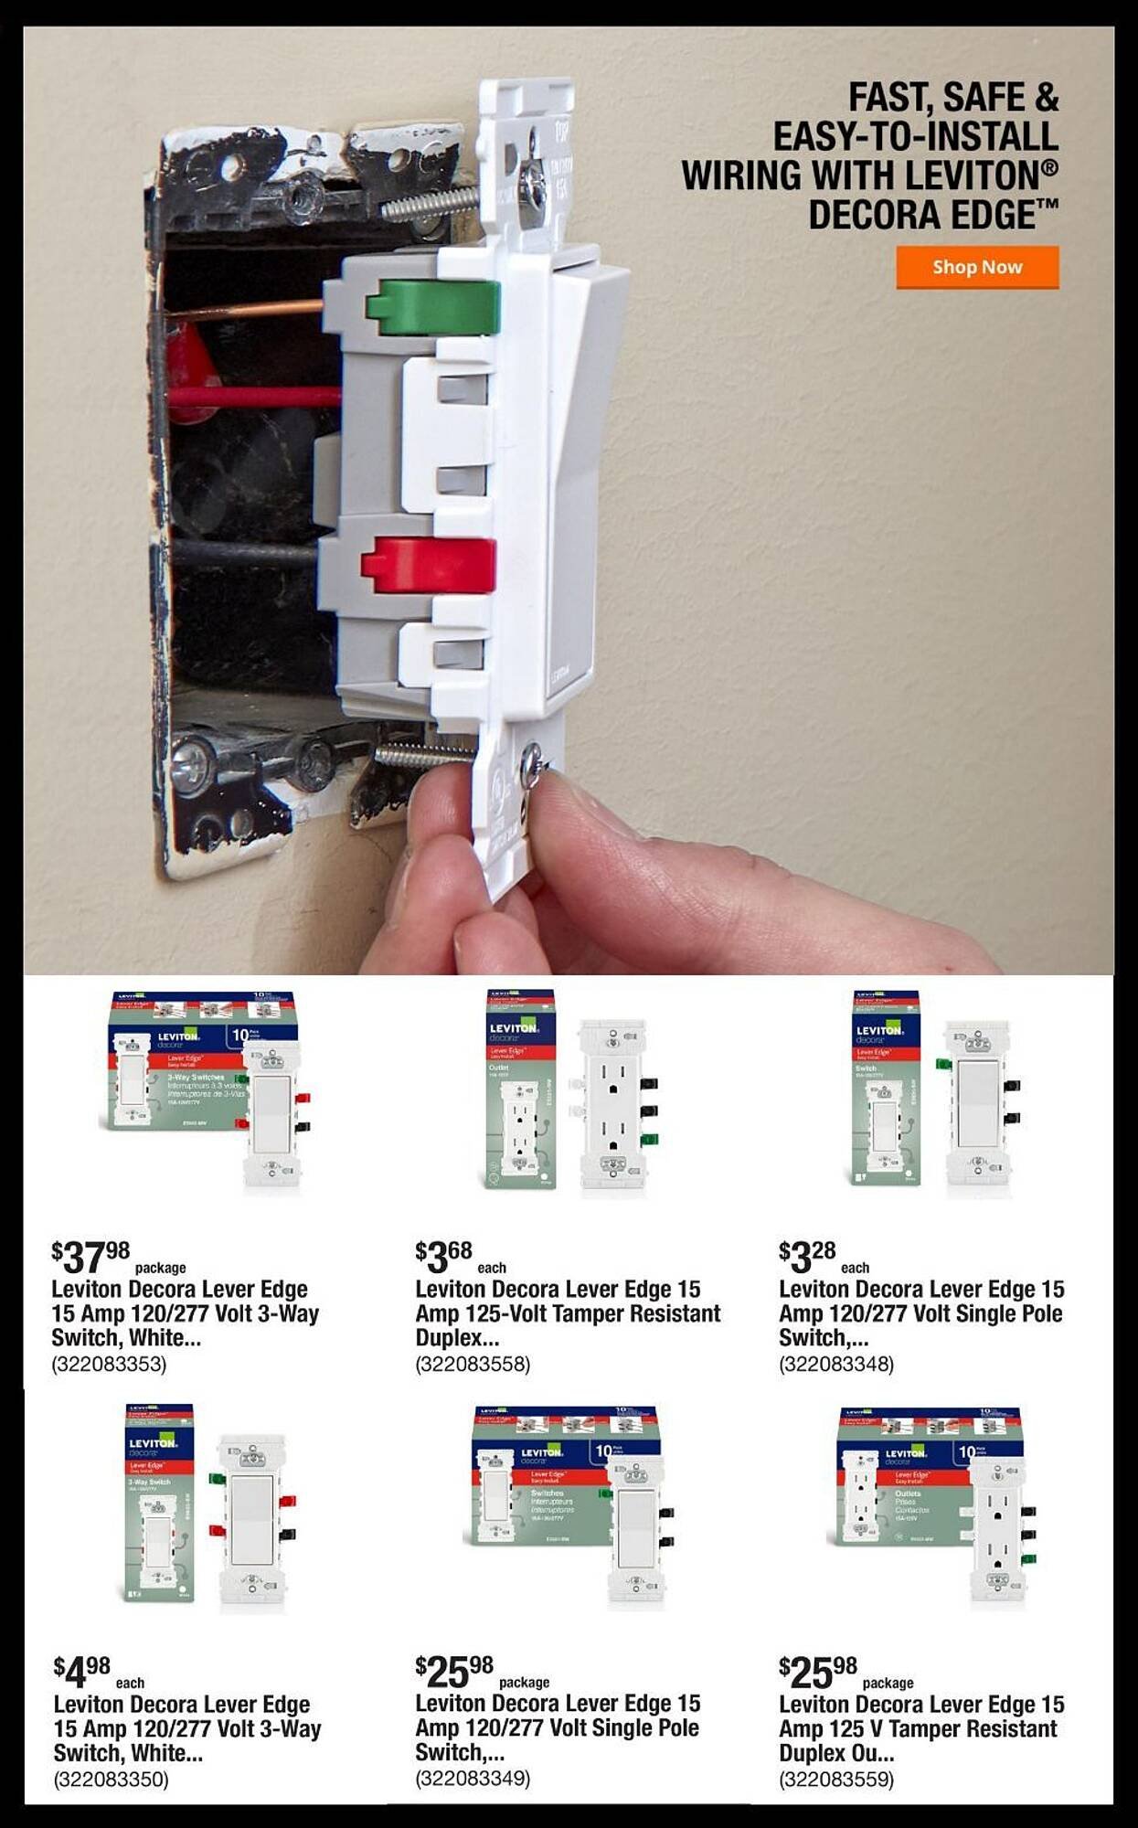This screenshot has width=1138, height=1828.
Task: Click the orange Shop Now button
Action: click(x=977, y=267)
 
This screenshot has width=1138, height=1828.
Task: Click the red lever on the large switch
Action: click(x=430, y=563)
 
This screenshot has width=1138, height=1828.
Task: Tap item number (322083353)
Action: click(x=109, y=1365)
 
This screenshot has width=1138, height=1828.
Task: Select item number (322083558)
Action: click(x=473, y=1365)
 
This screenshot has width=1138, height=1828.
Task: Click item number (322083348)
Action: click(x=836, y=1365)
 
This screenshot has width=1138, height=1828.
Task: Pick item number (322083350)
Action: click(x=111, y=1780)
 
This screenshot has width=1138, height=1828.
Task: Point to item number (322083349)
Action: click(x=473, y=1778)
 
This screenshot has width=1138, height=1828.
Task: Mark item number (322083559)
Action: click(x=836, y=1780)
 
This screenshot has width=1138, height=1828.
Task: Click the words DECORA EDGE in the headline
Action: click(x=923, y=216)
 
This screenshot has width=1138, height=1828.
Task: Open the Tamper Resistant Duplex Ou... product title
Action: click(x=921, y=1728)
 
